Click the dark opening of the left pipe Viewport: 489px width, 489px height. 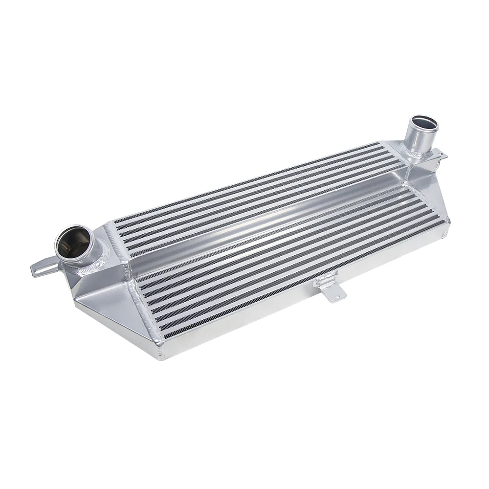point(73,243)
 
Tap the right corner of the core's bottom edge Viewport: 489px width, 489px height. point(447,225)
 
